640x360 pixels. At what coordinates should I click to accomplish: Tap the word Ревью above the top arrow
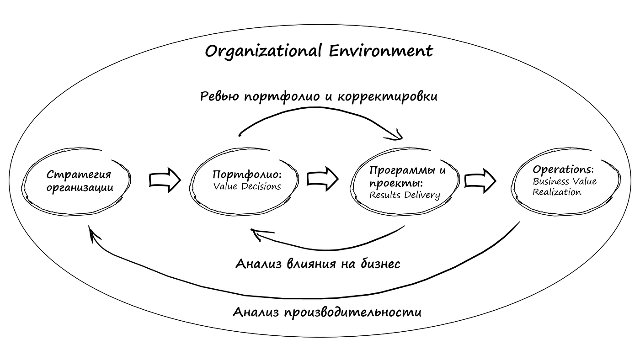(221, 96)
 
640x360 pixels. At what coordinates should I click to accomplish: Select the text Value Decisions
(247, 186)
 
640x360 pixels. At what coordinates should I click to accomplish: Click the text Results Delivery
(405, 196)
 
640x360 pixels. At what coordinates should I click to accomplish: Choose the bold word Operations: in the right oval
(563, 169)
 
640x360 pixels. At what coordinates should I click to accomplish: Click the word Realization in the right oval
(557, 192)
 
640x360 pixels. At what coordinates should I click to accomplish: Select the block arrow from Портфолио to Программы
(323, 178)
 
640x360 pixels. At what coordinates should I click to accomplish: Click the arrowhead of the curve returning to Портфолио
(256, 234)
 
